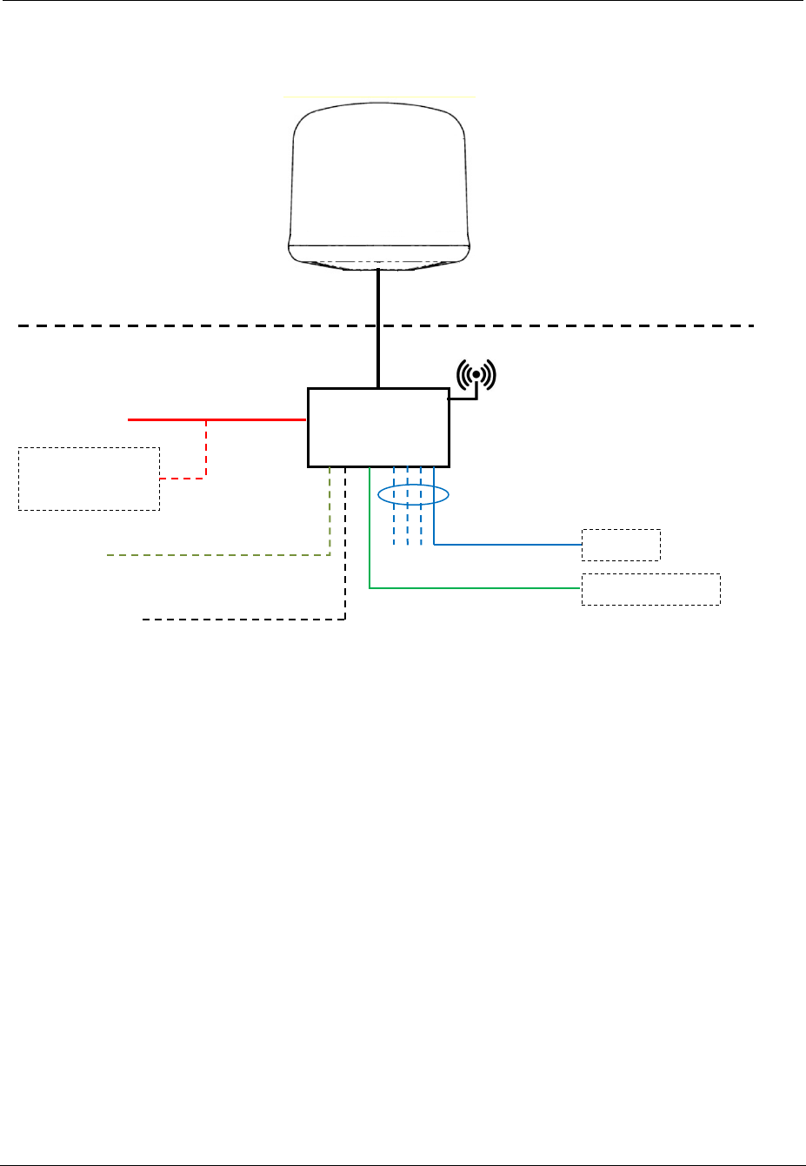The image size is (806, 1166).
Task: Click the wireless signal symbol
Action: pyautogui.click(x=476, y=375)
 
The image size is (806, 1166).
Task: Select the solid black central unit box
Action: pyautogui.click(x=378, y=427)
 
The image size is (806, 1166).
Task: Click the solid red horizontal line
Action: pyautogui.click(x=217, y=419)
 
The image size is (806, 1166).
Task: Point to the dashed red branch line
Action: pyautogui.click(x=206, y=452)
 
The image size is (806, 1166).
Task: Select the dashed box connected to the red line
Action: pyautogui.click(x=89, y=479)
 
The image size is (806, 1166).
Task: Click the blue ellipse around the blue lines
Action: pyautogui.click(x=414, y=495)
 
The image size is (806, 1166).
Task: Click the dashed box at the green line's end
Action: pyautogui.click(x=650, y=589)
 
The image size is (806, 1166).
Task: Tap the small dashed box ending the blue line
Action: pyautogui.click(x=621, y=545)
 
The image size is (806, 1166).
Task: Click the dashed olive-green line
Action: pyautogui.click(x=217, y=554)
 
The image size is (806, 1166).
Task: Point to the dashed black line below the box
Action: pyautogui.click(x=243, y=620)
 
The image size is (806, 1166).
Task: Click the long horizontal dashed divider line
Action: pyautogui.click(x=174, y=325)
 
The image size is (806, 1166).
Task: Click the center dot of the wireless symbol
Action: pyautogui.click(x=476, y=374)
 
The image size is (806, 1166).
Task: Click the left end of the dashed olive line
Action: pyautogui.click(x=109, y=554)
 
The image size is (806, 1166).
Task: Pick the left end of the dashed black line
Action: pyautogui.click(x=145, y=620)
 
